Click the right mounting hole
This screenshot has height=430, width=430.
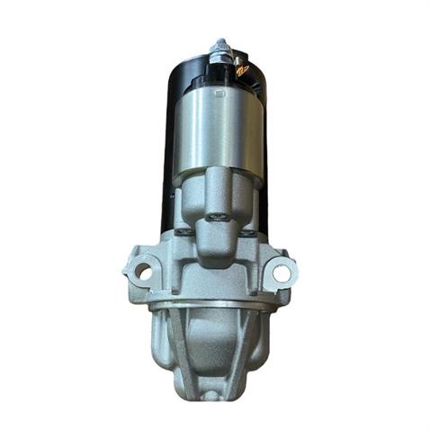[282, 270]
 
